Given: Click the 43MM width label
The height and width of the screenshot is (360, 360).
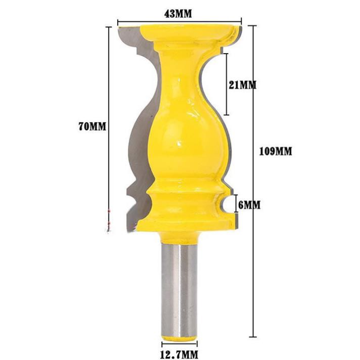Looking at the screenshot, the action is [x=178, y=14].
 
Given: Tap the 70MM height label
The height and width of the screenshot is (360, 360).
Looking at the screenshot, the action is [x=93, y=126].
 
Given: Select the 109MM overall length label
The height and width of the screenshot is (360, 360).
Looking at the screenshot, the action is [x=276, y=151].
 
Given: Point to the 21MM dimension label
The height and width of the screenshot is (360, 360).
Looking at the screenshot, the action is [x=243, y=85].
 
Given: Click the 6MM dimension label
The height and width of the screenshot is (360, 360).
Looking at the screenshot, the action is [x=249, y=205].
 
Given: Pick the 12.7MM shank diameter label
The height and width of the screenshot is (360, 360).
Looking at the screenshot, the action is [x=179, y=354].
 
